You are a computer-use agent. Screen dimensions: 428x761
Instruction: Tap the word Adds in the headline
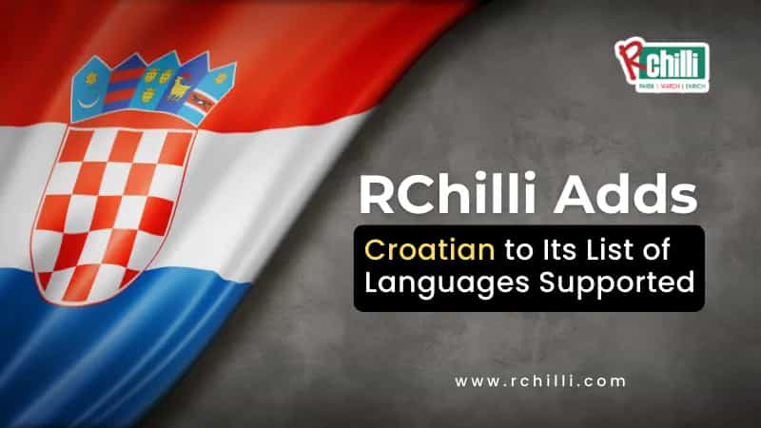642,196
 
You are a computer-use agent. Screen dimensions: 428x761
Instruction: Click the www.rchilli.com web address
540,381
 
